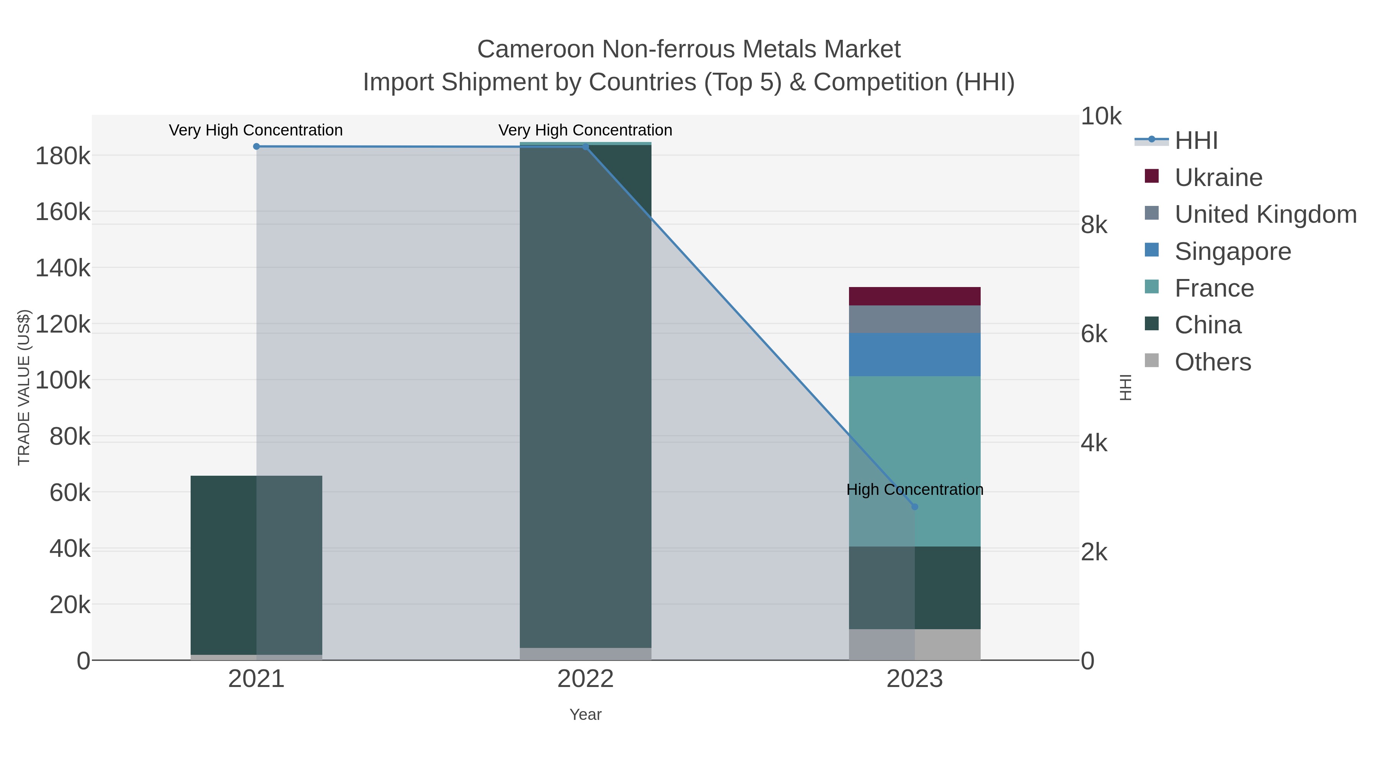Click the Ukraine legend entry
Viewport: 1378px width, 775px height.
pyautogui.click(x=1218, y=178)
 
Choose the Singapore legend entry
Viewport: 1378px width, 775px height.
pyautogui.click(x=1233, y=251)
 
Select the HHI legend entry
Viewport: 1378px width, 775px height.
pyautogui.click(x=1196, y=141)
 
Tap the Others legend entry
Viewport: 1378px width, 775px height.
pyautogui.click(x=1212, y=362)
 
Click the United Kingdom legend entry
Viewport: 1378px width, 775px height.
pyautogui.click(x=1265, y=214)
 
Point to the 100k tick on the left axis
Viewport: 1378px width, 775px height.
pyautogui.click(x=63, y=381)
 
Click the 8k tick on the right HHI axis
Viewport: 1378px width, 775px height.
pyautogui.click(x=1094, y=225)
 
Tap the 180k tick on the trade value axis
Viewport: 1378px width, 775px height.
pyautogui.click(x=63, y=157)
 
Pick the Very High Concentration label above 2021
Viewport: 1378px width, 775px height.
pyautogui.click(x=256, y=130)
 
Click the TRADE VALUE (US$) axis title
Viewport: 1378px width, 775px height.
pyautogui.click(x=24, y=387)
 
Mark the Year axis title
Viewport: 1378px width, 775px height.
pyautogui.click(x=585, y=715)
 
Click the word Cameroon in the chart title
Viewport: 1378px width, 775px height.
pyautogui.click(x=536, y=49)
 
